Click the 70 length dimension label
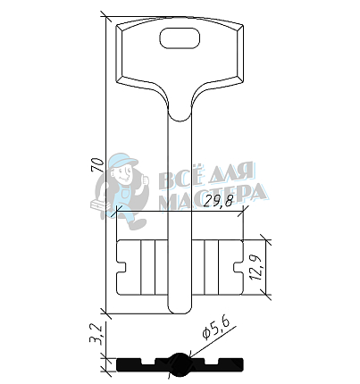97,165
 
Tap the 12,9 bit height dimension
256,267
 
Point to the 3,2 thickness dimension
96,335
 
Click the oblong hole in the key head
180,38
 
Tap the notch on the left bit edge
121,267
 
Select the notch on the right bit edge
239,267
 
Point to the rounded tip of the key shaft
180,310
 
